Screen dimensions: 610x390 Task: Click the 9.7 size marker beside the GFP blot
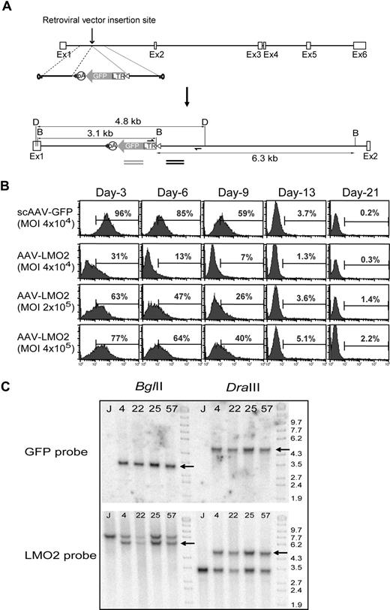coord(296,423)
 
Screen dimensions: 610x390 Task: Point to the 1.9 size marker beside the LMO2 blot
coord(296,604)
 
